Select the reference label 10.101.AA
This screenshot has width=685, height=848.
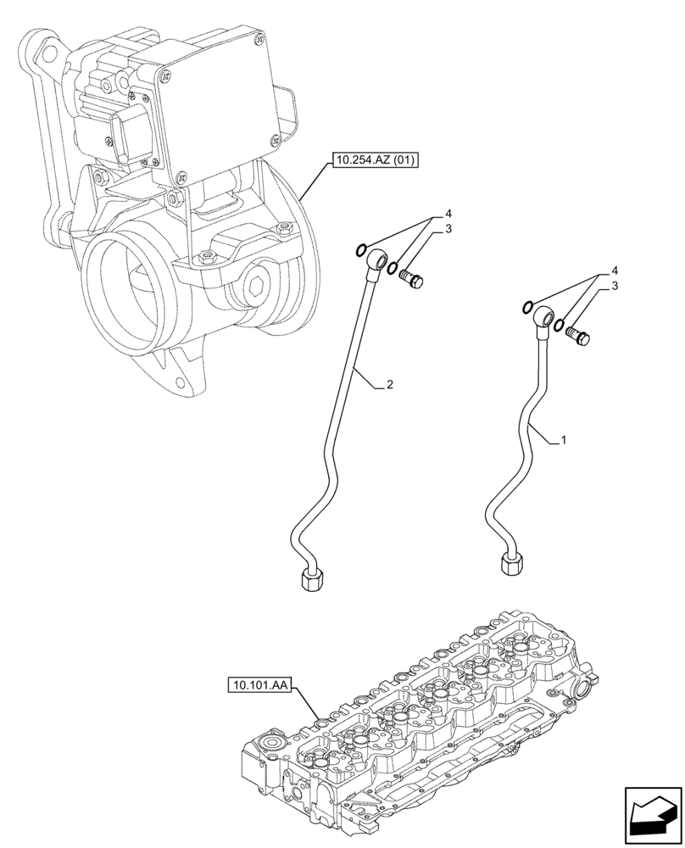259,683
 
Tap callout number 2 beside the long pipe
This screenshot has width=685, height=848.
388,385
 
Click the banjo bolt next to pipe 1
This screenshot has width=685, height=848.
580,336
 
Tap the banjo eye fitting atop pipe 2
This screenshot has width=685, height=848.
376,259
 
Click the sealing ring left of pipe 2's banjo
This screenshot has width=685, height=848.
361,249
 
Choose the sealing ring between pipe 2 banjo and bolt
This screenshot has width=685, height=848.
393,270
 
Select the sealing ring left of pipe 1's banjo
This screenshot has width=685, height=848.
528,307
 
